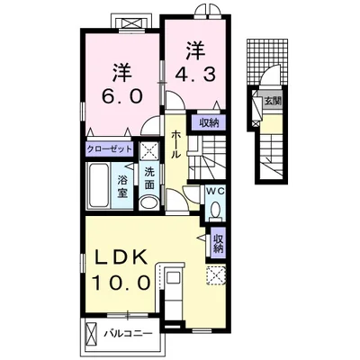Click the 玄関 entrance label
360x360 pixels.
coord(273,101)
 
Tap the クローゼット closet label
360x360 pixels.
coord(110,148)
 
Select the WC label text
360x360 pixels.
coord(215,192)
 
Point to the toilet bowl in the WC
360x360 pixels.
coord(215,209)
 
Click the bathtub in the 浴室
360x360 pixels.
coord(98,185)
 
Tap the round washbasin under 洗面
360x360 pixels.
coord(148,202)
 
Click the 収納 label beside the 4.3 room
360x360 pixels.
coord(209,123)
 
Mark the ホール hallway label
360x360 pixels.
coord(176,145)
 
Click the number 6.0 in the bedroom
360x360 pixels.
coord(122,96)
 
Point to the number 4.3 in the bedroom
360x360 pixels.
coord(195,75)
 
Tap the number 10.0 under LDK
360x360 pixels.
coord(121,283)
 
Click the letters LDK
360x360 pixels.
coord(121,256)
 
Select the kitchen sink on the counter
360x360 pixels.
coord(173,276)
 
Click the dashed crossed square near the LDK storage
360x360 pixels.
coord(215,274)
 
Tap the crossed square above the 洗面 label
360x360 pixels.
coord(150,151)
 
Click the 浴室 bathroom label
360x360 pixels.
coord(122,187)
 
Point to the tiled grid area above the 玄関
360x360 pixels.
coord(267,62)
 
